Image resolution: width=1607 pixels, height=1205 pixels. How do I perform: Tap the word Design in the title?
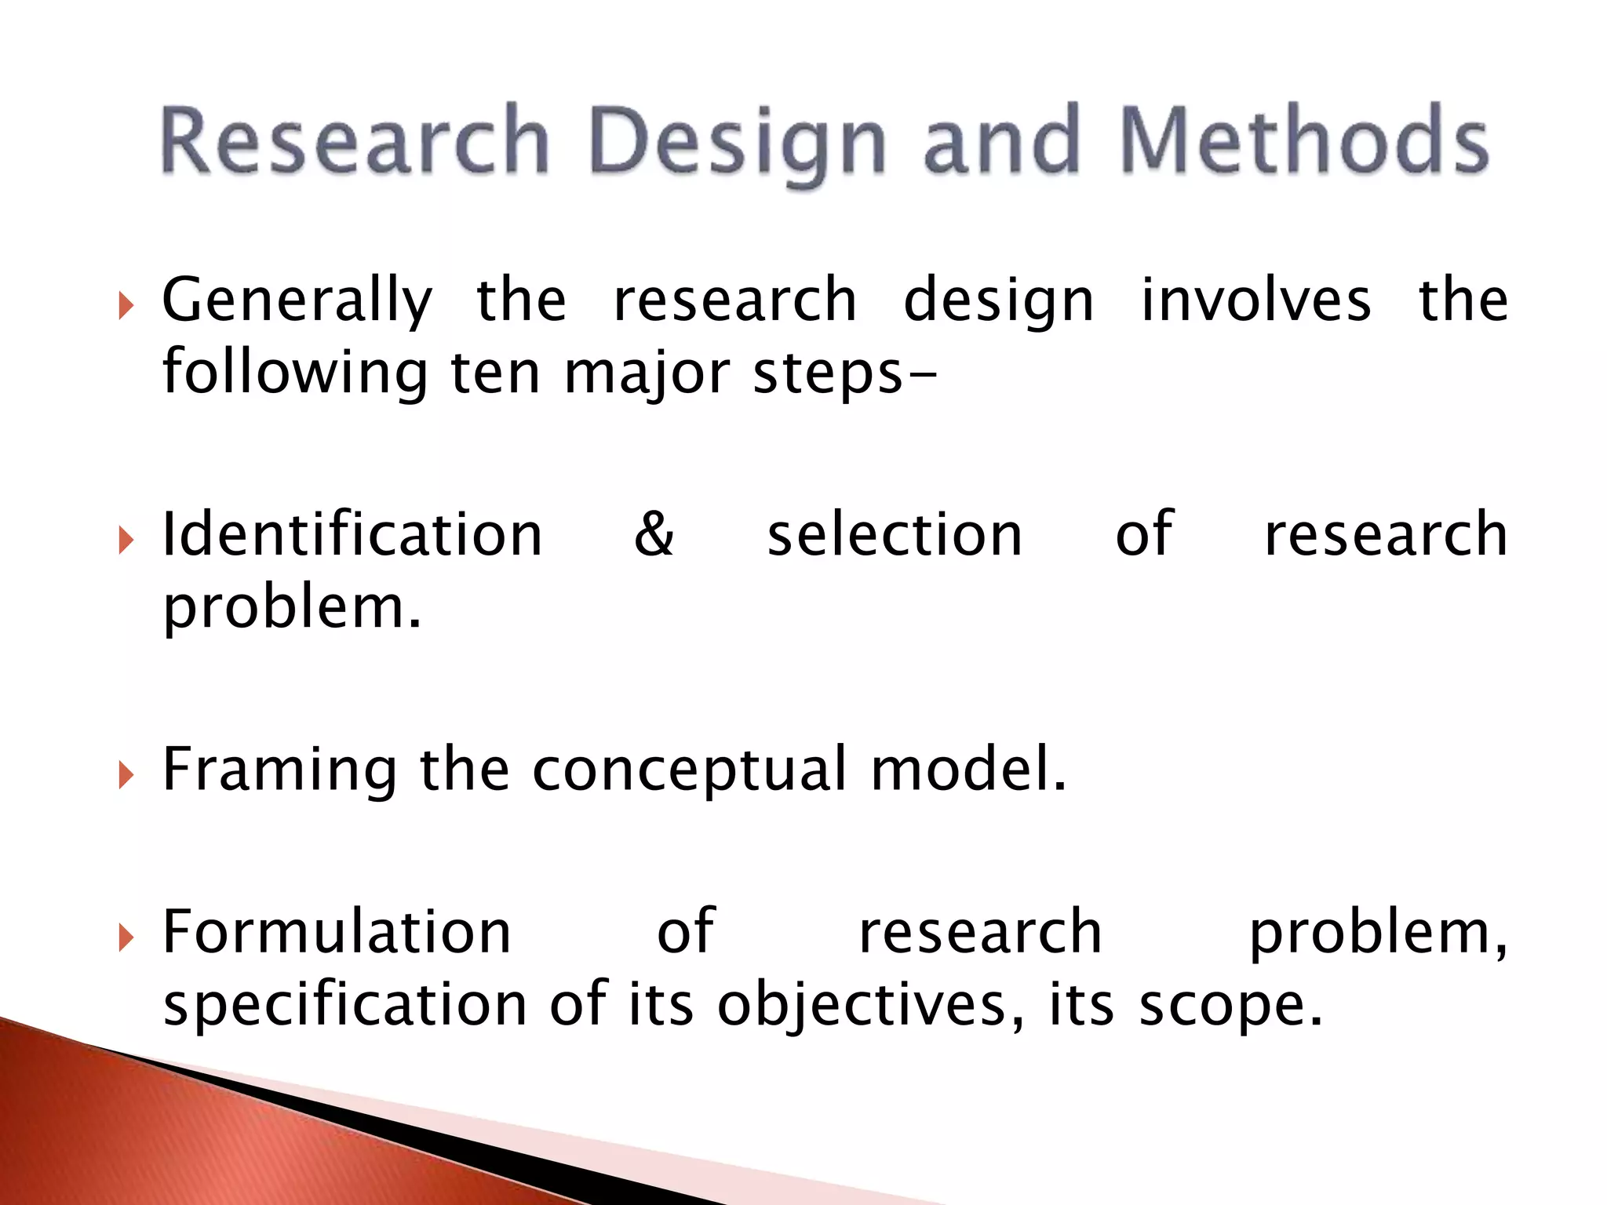pyautogui.click(x=738, y=143)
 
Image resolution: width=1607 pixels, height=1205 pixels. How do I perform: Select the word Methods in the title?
pyautogui.click(x=1303, y=141)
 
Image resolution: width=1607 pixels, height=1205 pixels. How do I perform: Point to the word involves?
pyautogui.click(x=1255, y=300)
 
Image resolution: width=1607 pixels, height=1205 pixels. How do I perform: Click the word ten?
pyautogui.click(x=495, y=373)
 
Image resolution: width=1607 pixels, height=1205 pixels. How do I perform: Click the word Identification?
pyautogui.click(x=352, y=535)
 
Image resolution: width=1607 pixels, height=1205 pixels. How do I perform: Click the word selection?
pyautogui.click(x=895, y=535)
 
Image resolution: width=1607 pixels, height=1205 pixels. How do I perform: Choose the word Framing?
pyautogui.click(x=279, y=770)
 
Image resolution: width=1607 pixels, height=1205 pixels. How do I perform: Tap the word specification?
pyautogui.click(x=345, y=1007)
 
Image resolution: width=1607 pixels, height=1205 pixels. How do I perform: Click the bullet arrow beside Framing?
pyautogui.click(x=126, y=774)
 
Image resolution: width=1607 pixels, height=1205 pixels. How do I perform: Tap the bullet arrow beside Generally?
pyautogui.click(x=126, y=304)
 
